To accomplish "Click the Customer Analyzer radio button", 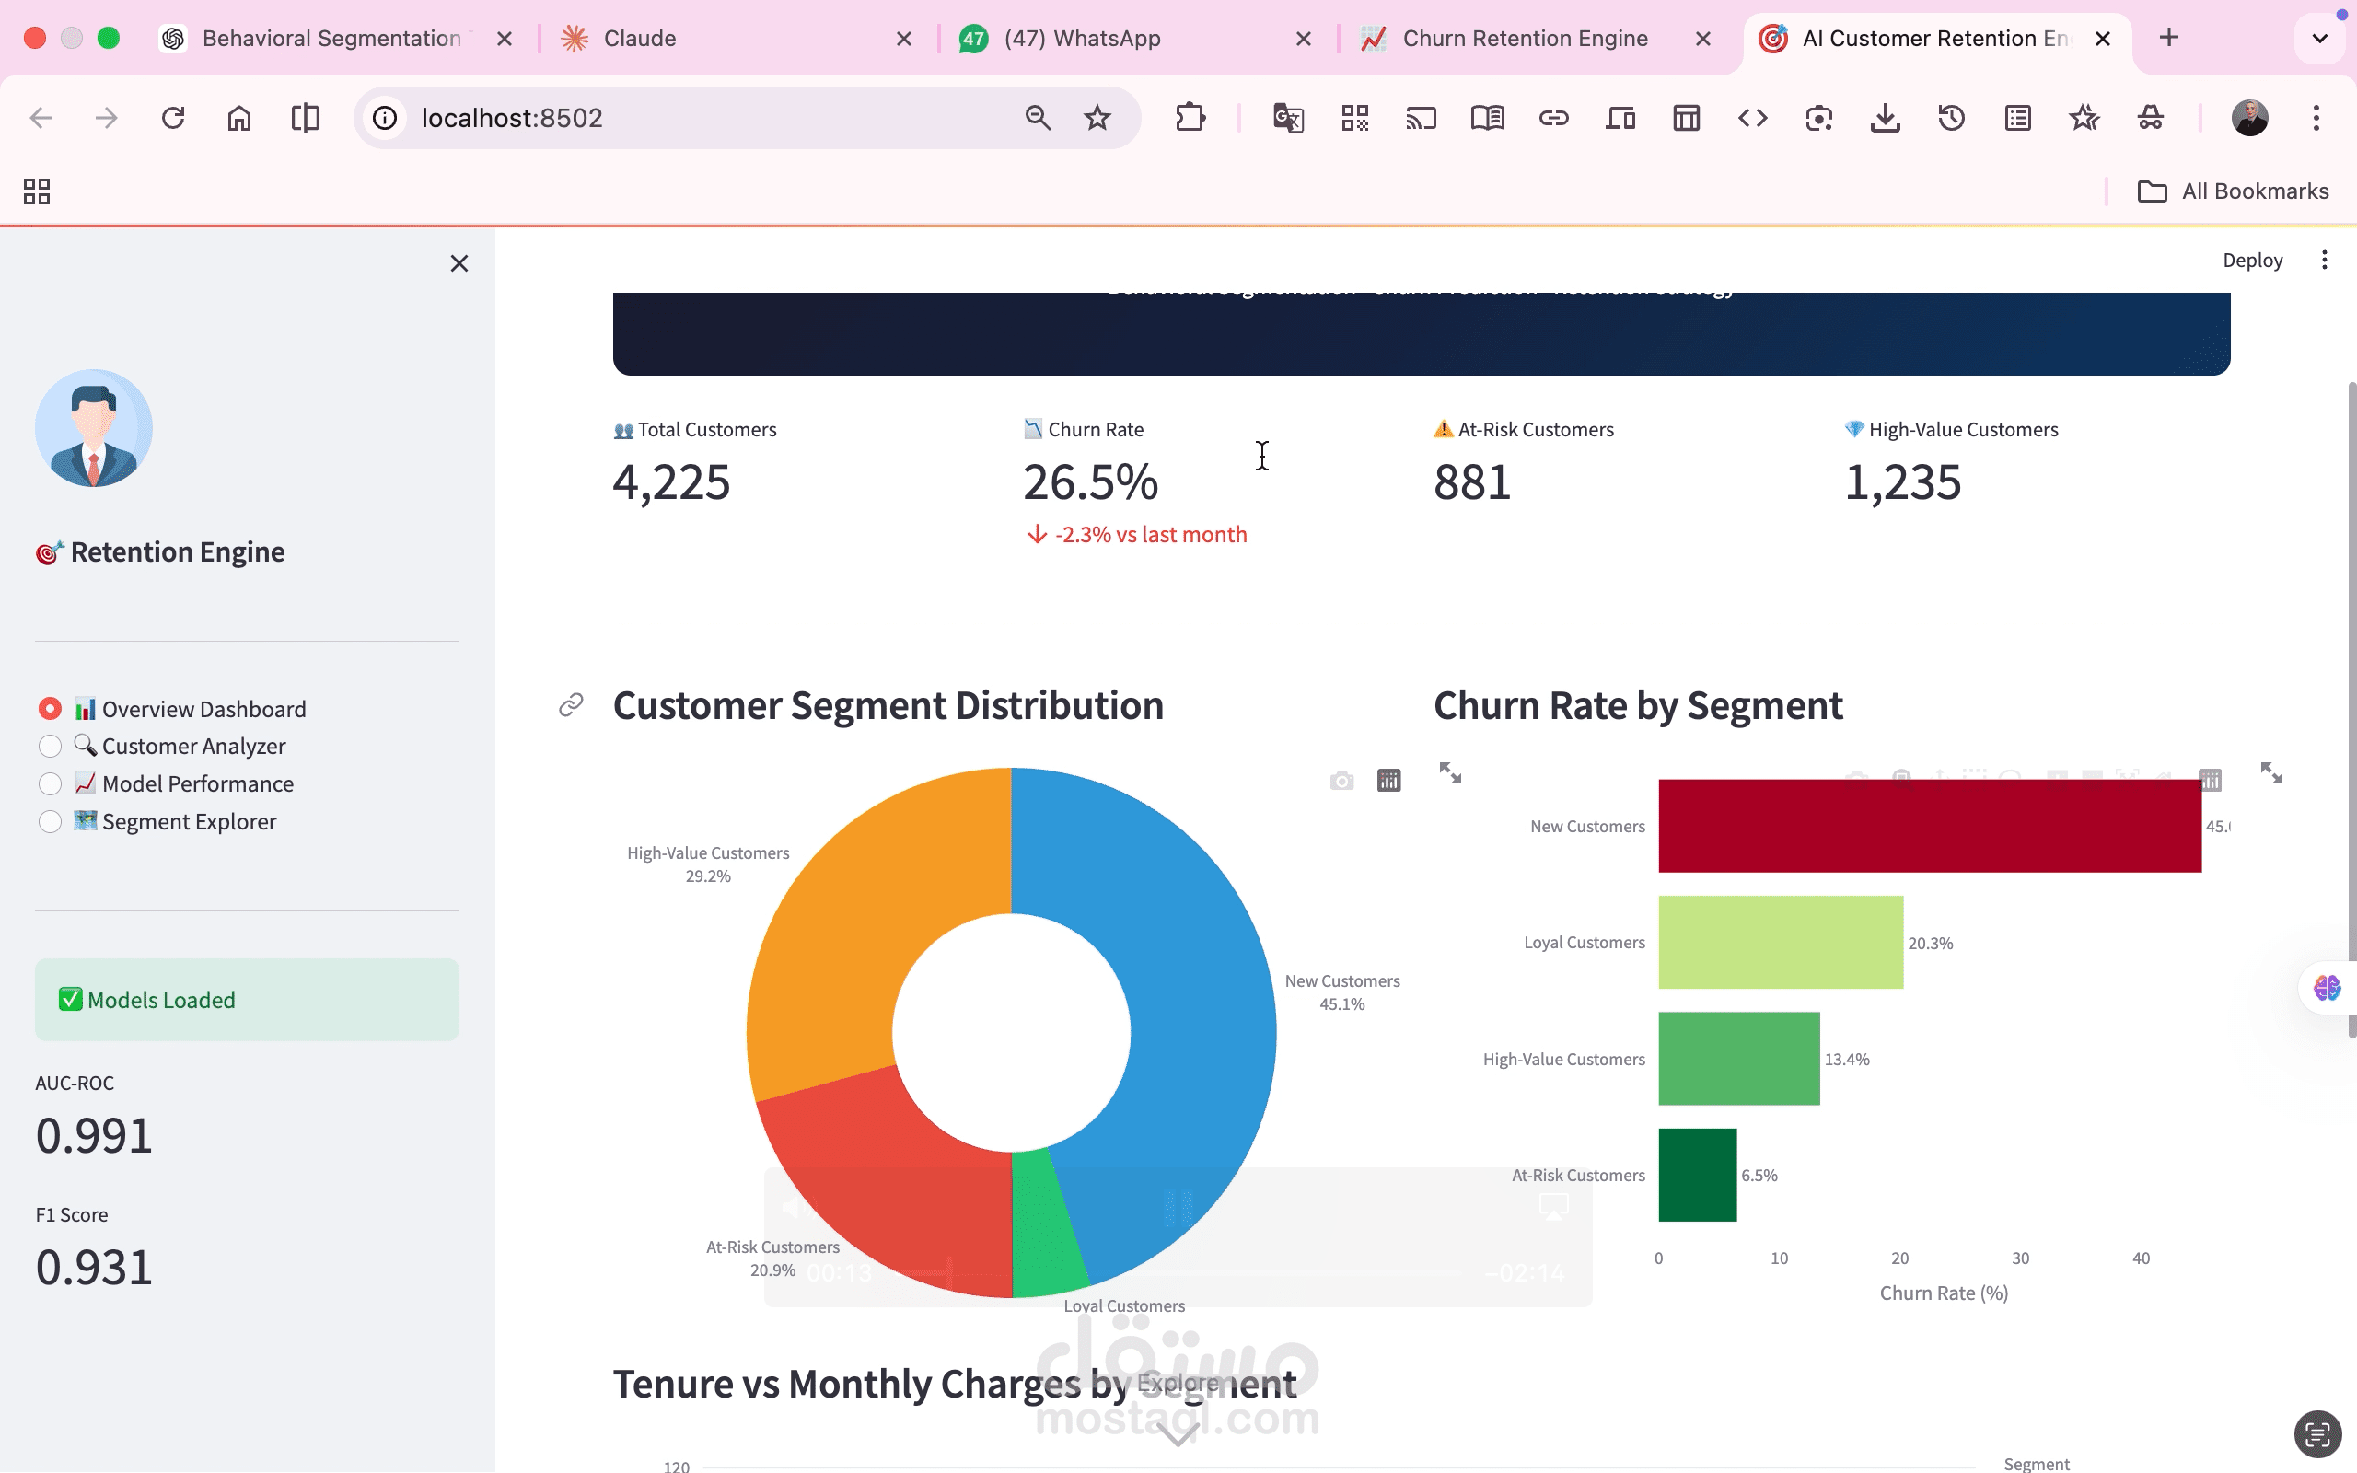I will (x=50, y=747).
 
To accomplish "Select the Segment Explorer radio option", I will (x=50, y=822).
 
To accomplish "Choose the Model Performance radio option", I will (x=50, y=784).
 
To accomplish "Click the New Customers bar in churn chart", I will (x=1929, y=825).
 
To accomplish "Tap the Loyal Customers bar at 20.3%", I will (x=1781, y=942).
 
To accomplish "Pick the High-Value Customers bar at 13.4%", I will (x=1738, y=1058).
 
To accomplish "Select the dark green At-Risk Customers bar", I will (x=1697, y=1175).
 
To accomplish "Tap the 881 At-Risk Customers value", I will (x=1471, y=483).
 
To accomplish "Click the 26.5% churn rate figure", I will (x=1090, y=483).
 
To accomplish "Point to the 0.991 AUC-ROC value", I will (x=95, y=1136).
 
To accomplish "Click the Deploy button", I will (x=2252, y=261).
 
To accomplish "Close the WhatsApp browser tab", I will (x=1303, y=39).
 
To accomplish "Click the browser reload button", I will (x=173, y=119).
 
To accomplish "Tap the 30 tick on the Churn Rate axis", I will (x=2020, y=1258).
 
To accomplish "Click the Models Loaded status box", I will (x=247, y=1000).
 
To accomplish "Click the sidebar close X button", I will (x=459, y=264).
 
